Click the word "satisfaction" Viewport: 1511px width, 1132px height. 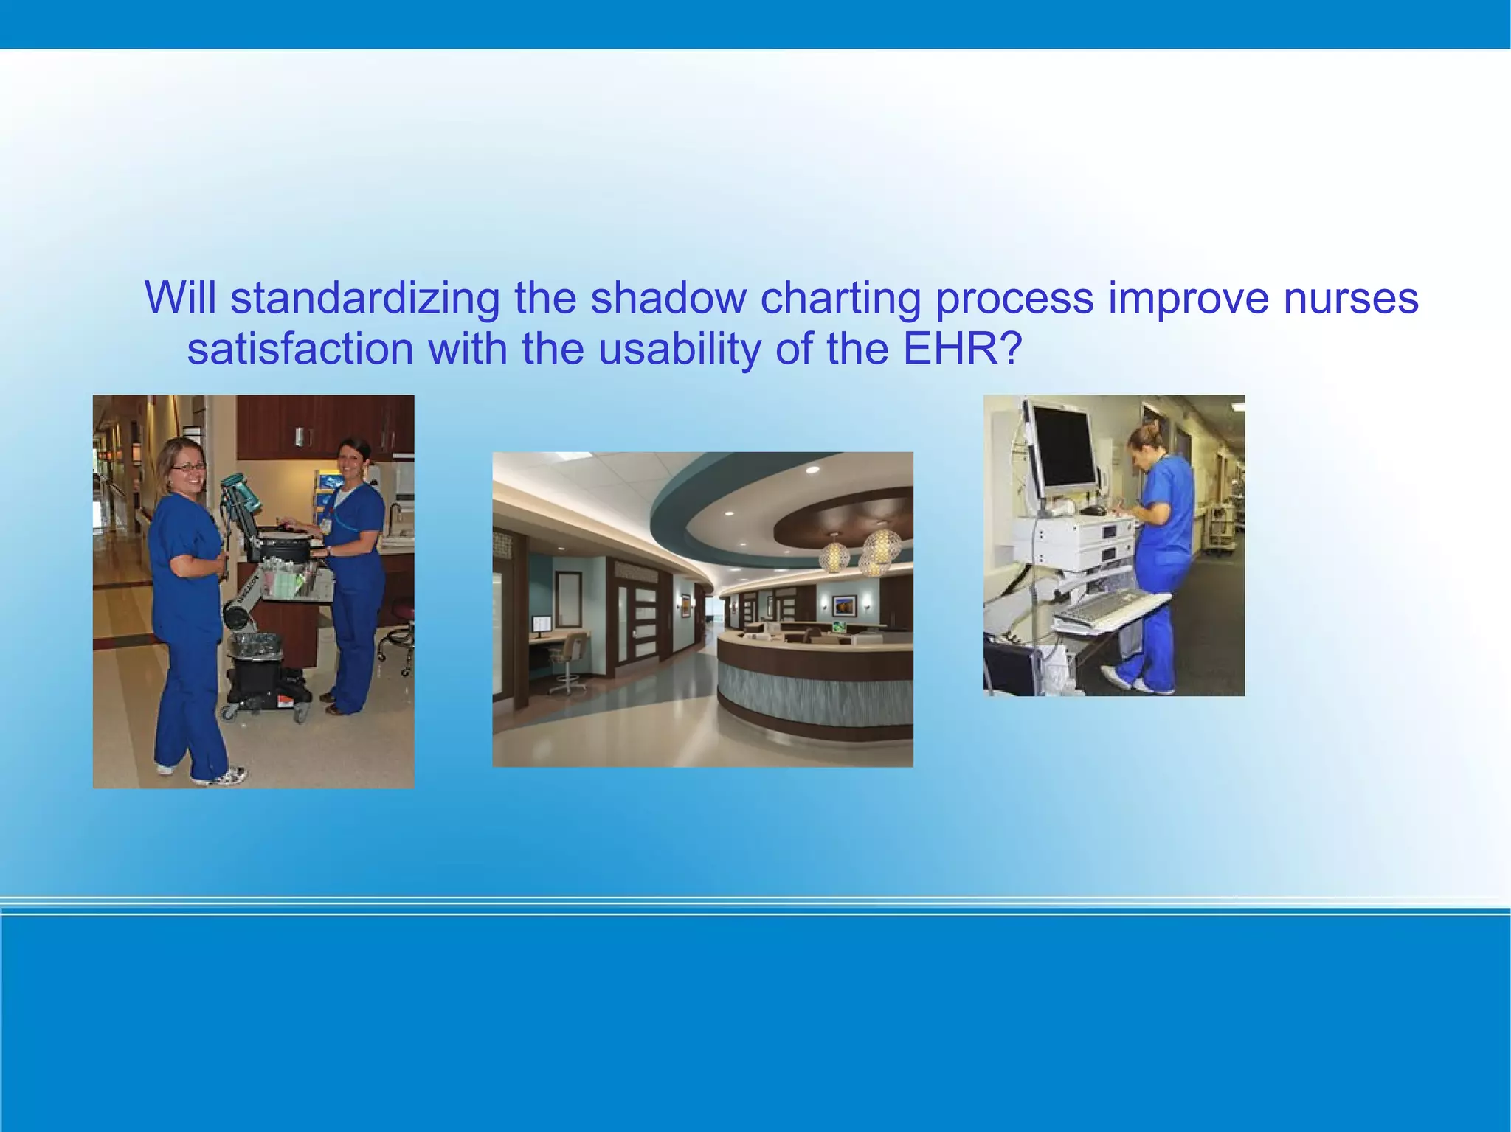pyautogui.click(x=300, y=348)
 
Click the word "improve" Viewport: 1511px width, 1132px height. pyautogui.click(x=1188, y=298)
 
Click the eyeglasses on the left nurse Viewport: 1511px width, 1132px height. pyautogui.click(x=187, y=467)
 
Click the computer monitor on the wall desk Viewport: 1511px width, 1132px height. pyautogui.click(x=542, y=625)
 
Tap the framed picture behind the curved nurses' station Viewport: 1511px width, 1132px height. pyautogui.click(x=844, y=605)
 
